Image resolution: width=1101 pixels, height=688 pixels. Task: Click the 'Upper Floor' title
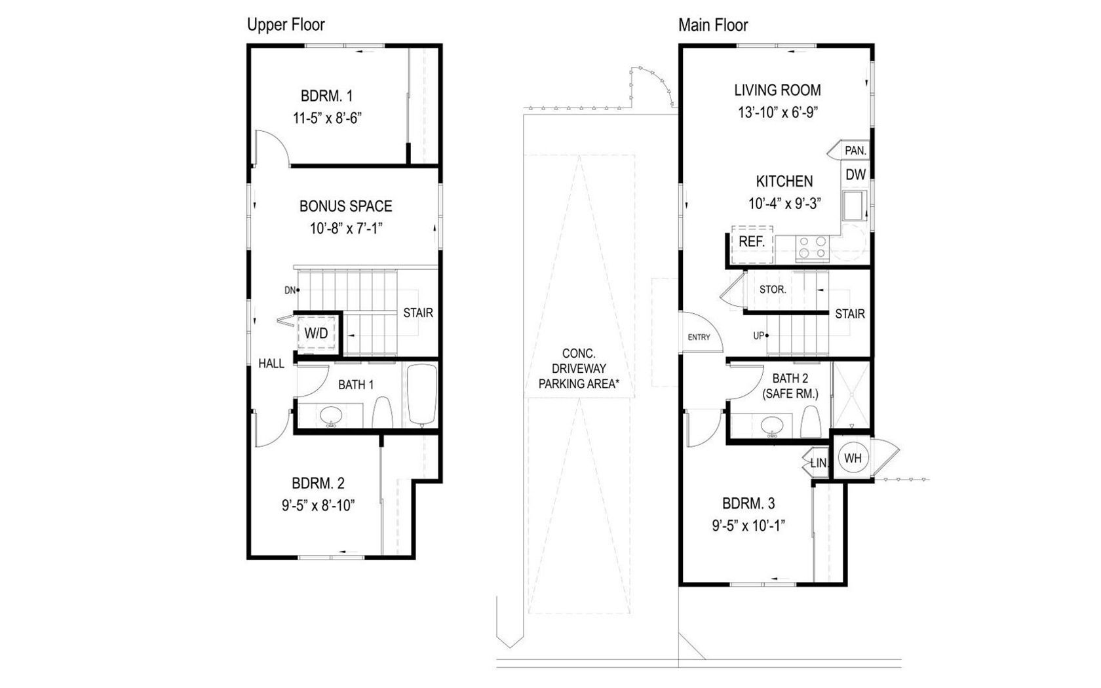[x=286, y=25]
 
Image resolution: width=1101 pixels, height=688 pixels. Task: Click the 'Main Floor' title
[x=713, y=25]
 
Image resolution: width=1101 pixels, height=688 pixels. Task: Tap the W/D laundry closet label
[x=316, y=333]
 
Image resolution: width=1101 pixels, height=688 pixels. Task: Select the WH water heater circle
[x=853, y=458]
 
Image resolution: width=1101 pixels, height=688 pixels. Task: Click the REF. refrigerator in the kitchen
[x=752, y=244]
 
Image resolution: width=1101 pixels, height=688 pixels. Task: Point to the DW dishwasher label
[x=856, y=174]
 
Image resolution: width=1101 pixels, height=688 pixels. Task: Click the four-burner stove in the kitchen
[x=812, y=248]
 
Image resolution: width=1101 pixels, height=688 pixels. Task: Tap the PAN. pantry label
[x=855, y=151]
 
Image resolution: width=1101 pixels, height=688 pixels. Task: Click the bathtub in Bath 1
[x=422, y=394]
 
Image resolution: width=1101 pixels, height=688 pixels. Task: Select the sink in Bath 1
[x=331, y=415]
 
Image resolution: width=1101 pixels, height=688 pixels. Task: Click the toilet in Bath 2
[x=811, y=422]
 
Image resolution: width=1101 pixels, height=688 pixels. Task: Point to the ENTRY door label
[x=699, y=337]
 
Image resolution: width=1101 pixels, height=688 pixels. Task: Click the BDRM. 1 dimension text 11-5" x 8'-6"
[x=328, y=119]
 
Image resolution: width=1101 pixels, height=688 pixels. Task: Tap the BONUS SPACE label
[x=345, y=206]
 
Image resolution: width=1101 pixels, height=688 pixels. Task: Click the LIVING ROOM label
[x=777, y=90]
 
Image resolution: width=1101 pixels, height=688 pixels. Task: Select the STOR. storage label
[x=773, y=290]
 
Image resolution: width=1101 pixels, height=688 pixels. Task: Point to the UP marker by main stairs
[x=760, y=335]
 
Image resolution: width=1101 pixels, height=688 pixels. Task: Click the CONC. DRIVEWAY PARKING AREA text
[x=579, y=368]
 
